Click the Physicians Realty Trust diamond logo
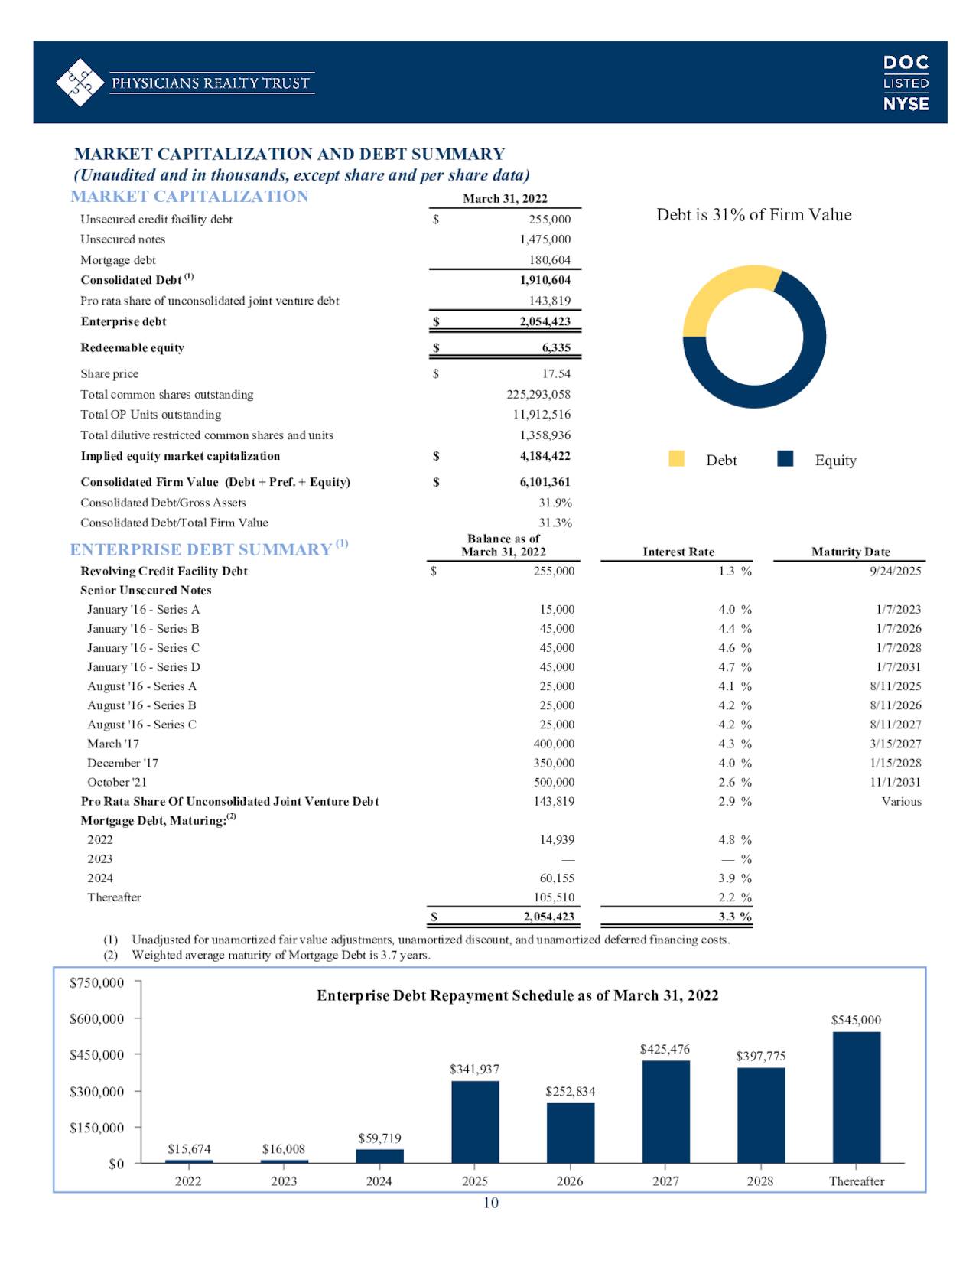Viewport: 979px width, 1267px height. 80,82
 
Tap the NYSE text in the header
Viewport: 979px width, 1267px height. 906,104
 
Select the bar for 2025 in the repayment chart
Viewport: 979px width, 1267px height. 475,1122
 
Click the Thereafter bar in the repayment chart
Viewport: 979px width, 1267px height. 856,1097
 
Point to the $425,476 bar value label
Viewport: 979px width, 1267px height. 665,1049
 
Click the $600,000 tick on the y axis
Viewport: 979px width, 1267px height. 96,1018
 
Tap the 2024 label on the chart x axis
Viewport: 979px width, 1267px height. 379,1181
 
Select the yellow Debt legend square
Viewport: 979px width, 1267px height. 676,458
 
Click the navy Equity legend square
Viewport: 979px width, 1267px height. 785,458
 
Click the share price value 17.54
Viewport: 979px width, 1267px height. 556,373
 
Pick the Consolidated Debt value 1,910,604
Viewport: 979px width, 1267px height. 545,280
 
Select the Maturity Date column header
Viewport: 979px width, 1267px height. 851,552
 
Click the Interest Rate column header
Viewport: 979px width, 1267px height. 678,552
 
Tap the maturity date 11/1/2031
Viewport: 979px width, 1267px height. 895,782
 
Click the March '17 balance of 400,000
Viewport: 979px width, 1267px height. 554,744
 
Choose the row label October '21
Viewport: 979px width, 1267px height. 116,782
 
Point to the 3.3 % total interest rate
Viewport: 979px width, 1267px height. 735,917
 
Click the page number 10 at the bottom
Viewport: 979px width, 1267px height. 491,1203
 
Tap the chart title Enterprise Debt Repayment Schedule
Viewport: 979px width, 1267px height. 517,995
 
